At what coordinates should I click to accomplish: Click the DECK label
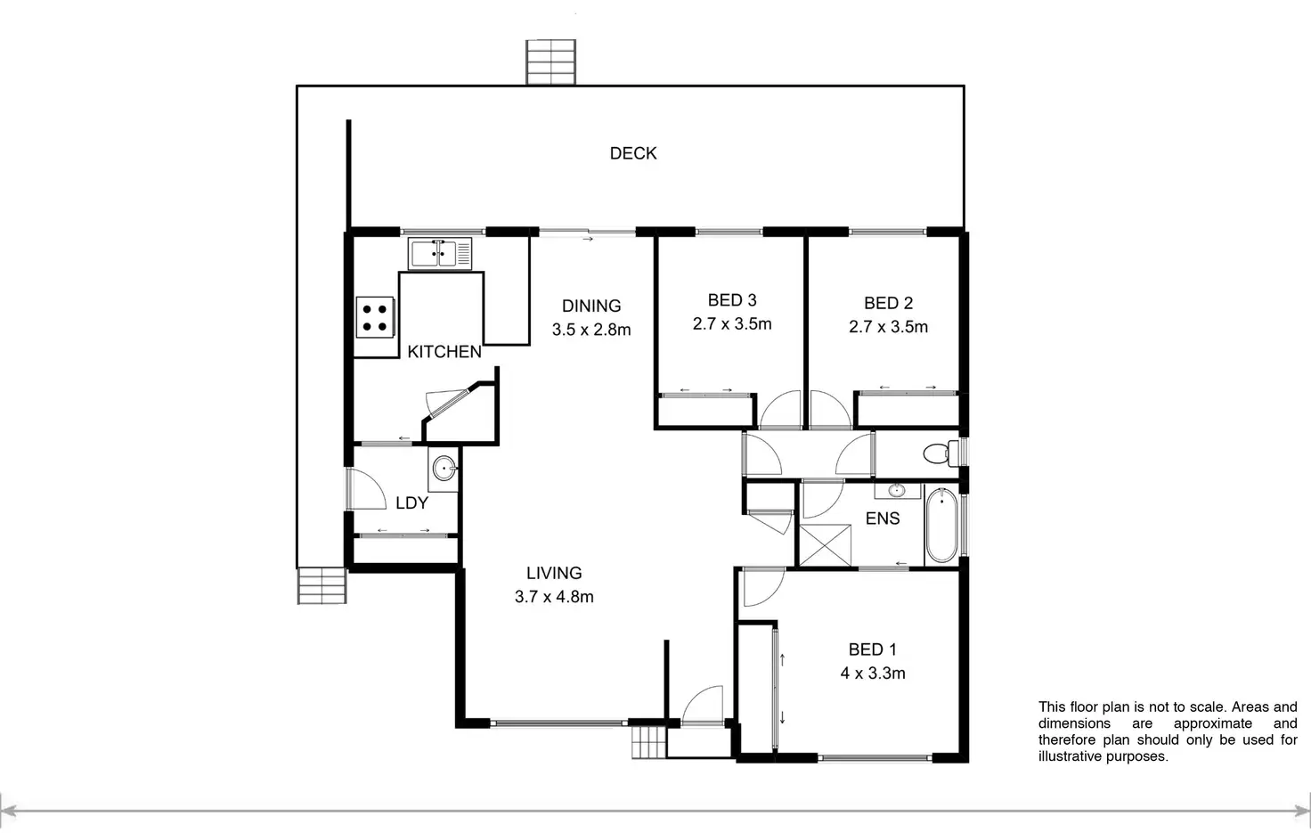tap(633, 153)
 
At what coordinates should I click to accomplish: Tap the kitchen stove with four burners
tap(375, 317)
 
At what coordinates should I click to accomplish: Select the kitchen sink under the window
tap(440, 253)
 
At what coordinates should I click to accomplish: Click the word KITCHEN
tap(444, 352)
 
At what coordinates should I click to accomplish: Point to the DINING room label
tap(591, 306)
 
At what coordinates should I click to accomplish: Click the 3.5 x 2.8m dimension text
tap(591, 330)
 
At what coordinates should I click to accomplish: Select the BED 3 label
tap(732, 300)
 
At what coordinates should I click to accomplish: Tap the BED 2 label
tap(888, 303)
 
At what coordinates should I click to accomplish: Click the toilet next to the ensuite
tap(936, 453)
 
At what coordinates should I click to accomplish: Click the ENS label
tap(883, 519)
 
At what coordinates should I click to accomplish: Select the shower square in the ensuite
tap(818, 545)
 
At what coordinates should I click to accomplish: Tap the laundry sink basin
tap(444, 467)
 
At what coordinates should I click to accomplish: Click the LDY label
tap(411, 503)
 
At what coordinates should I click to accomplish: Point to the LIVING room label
tap(554, 573)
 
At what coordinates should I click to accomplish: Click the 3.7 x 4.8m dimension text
tap(554, 597)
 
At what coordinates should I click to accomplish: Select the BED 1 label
tap(873, 649)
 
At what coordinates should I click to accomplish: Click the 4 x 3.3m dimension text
tap(873, 674)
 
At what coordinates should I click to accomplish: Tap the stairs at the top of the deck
tap(551, 61)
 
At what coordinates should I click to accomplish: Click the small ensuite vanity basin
tap(896, 491)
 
